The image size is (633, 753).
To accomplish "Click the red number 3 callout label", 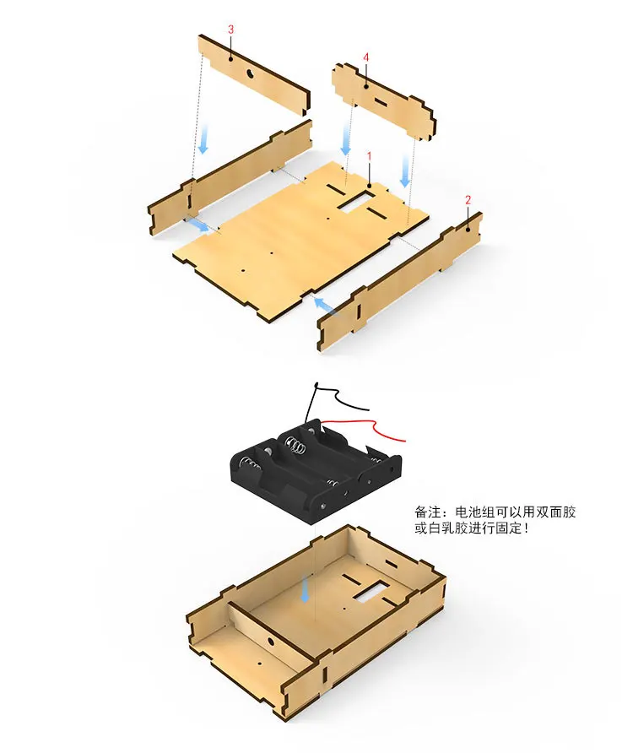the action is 231,30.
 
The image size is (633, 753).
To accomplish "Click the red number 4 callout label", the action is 366,57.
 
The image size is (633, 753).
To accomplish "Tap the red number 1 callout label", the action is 370,156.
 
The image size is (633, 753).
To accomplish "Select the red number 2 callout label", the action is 468,200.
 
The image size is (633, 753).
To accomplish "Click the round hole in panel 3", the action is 250,73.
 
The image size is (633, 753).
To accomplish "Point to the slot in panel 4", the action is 381,101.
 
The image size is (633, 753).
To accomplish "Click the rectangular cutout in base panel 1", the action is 357,200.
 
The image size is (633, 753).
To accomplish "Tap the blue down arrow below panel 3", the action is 203,140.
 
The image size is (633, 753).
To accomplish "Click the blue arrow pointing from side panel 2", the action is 325,306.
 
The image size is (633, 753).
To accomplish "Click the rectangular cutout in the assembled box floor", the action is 371,590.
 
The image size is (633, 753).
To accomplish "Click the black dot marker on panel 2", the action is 468,229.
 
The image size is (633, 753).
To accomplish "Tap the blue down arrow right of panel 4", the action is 405,171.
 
